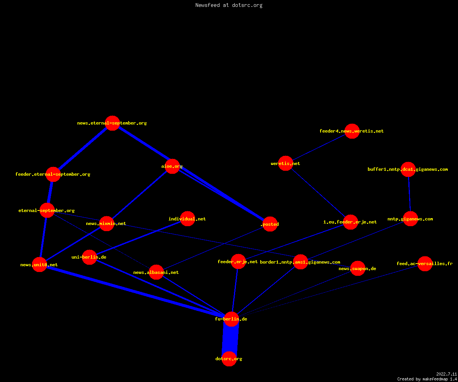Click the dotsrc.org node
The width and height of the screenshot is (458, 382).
tap(229, 359)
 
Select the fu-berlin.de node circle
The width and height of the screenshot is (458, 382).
tap(231, 319)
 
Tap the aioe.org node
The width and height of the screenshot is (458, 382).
tap(172, 167)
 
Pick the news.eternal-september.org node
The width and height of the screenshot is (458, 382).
tap(112, 123)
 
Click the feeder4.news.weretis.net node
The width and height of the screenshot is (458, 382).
tap(352, 131)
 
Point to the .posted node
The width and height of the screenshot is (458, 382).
tap(270, 224)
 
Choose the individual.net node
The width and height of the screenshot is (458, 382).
tap(187, 219)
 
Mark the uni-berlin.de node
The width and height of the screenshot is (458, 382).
tap(89, 257)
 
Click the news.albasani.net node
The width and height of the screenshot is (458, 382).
tap(156, 272)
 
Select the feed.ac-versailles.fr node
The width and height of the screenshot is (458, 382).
tap(425, 264)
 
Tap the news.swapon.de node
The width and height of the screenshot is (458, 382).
tap(358, 268)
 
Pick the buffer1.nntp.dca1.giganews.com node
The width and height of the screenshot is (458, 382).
tap(408, 169)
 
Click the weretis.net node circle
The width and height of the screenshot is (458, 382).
tap(285, 163)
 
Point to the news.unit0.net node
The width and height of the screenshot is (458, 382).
tap(39, 265)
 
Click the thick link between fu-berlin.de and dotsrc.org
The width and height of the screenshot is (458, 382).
tap(230, 339)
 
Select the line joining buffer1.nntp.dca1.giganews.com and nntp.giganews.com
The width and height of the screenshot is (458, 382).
tap(409, 194)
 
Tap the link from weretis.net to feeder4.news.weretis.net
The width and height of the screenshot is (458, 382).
tap(319, 147)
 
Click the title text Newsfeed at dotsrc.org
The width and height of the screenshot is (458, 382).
tap(229, 5)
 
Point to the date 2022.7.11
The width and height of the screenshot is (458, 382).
tap(447, 374)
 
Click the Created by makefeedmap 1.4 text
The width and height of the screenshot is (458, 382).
tap(427, 379)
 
